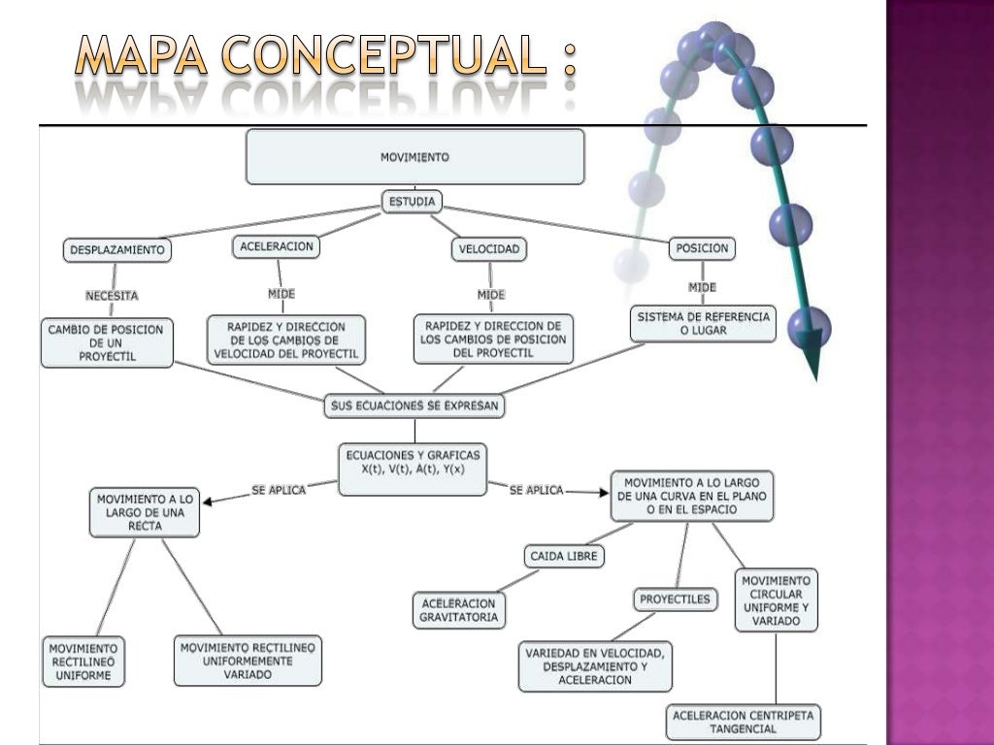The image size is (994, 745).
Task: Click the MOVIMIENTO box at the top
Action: pyautogui.click(x=414, y=156)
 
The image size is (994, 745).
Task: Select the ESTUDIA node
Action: pyautogui.click(x=413, y=202)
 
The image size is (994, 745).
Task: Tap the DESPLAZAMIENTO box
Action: pyautogui.click(x=117, y=250)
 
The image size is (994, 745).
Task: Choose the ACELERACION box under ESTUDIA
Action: pyautogui.click(x=277, y=247)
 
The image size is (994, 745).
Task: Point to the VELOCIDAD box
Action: pyautogui.click(x=490, y=249)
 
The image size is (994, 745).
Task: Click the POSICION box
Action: pyautogui.click(x=702, y=248)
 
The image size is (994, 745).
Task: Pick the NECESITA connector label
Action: pyautogui.click(x=112, y=295)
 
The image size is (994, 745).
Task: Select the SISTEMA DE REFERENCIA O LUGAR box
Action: pyautogui.click(x=703, y=323)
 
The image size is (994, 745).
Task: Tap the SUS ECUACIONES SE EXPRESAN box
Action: pyautogui.click(x=414, y=406)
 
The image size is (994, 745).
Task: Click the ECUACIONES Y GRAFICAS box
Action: pyautogui.click(x=414, y=470)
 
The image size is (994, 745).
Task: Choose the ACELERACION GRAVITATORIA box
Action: pyautogui.click(x=458, y=609)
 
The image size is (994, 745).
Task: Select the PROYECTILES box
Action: pyautogui.click(x=675, y=599)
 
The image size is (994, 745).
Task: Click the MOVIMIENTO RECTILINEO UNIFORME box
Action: pyautogui.click(x=83, y=661)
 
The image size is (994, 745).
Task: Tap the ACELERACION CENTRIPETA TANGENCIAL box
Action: pyautogui.click(x=744, y=722)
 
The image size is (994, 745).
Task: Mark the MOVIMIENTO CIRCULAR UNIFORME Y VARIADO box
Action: pyautogui.click(x=776, y=600)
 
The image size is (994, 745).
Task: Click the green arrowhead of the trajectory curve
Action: pyautogui.click(x=812, y=359)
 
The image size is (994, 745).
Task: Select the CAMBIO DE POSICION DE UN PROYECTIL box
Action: pyautogui.click(x=106, y=342)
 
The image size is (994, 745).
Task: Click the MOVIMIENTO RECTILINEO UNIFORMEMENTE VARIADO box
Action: pyautogui.click(x=248, y=661)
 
